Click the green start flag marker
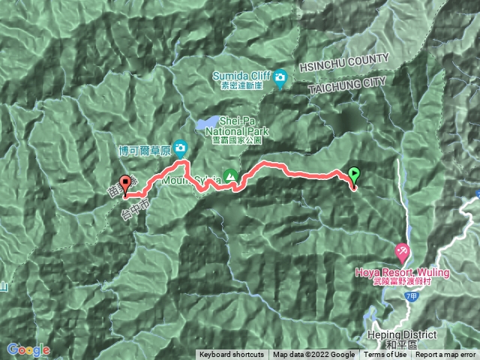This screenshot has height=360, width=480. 354,176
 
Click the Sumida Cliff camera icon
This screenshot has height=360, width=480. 280,77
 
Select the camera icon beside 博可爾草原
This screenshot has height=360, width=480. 181,148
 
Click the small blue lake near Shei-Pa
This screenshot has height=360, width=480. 208,121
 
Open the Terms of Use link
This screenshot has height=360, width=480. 385,355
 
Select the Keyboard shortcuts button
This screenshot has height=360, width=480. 231,355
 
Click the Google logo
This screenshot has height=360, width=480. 28,349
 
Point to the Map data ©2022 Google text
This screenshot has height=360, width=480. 313,355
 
